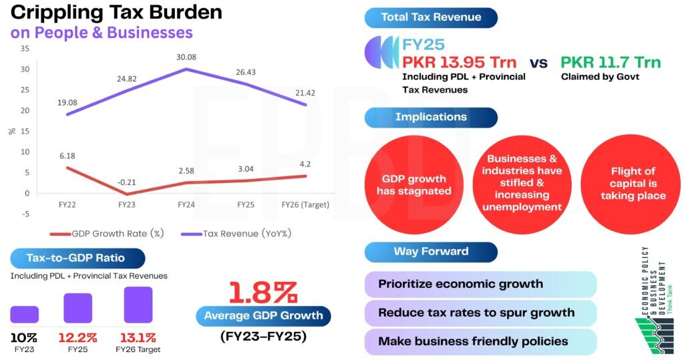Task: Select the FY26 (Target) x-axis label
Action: [x=305, y=204]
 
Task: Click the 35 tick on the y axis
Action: [x=25, y=49]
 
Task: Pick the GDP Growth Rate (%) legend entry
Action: [x=108, y=233]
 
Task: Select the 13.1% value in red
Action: [x=139, y=337]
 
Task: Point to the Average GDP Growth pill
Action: [x=263, y=315]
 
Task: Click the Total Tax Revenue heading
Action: [x=431, y=18]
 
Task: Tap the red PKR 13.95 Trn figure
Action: [x=460, y=63]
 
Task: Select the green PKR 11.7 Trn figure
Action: [x=611, y=63]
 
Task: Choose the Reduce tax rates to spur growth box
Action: [x=480, y=312]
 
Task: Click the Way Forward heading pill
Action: [x=431, y=252]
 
